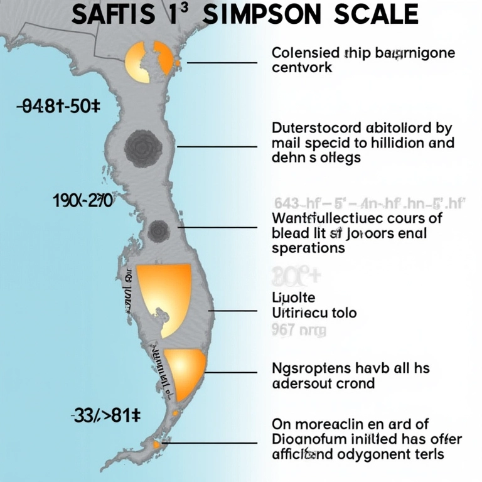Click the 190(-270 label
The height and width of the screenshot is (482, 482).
(83, 201)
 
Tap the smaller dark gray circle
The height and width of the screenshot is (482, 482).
(159, 230)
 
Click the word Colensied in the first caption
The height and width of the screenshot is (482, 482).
(306, 52)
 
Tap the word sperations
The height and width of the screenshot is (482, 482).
(308, 248)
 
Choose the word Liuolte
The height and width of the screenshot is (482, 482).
(293, 297)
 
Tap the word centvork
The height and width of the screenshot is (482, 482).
(302, 67)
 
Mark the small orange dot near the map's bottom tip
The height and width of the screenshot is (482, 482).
(156, 445)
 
